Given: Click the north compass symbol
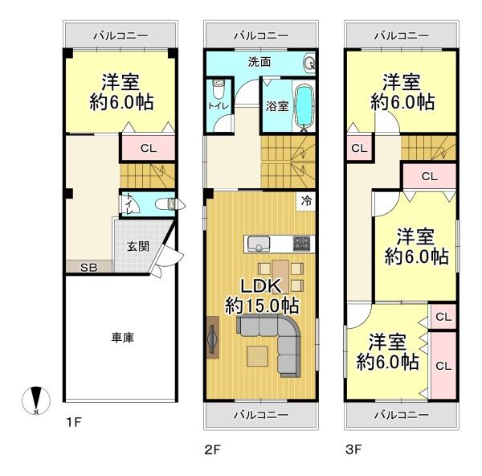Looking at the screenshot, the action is pos(36,400).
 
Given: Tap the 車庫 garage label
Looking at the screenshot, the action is pos(123,338).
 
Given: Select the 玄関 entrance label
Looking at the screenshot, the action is pos(138,246).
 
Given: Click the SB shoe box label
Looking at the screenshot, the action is pos(89,267).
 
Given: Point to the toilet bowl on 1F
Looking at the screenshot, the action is pos(165,204).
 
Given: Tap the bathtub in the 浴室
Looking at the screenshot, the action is pos(304,105).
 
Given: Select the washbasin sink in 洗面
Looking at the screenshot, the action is pos(309,64).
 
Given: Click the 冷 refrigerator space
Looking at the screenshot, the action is pos(306,201).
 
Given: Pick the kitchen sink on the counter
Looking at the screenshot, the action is pos(259,244).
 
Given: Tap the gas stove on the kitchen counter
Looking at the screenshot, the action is pos(301,244).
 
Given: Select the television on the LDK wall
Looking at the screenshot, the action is pos(212,338).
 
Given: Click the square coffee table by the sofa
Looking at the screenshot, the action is pos(258,356).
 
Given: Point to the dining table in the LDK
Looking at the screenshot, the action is pos(280,277).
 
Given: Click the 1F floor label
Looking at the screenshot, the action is pos(74,422).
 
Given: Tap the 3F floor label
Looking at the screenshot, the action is pos(353,449).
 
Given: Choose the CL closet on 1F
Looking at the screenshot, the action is pos(149,148).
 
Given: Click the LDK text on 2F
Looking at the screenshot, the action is pos(261,286).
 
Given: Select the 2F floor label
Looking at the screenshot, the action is pos(213,449).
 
